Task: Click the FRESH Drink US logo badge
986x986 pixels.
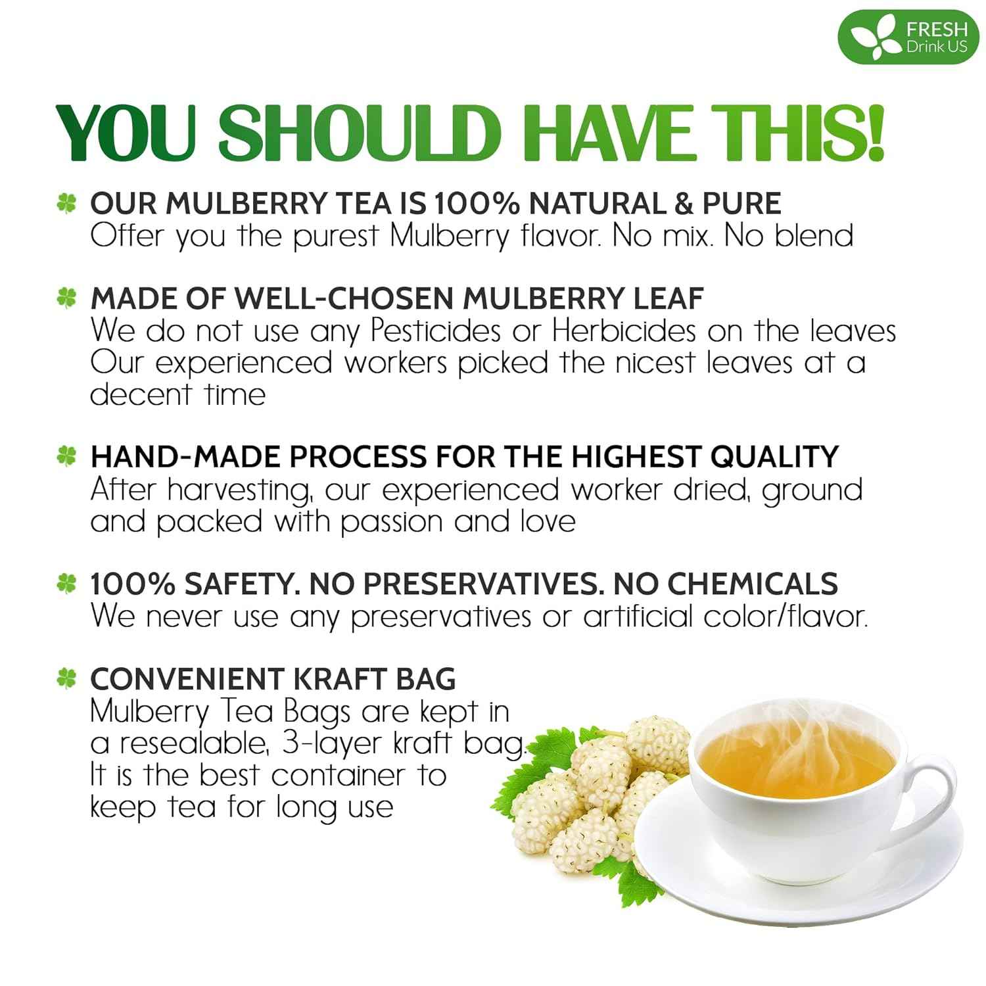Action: pyautogui.click(x=908, y=37)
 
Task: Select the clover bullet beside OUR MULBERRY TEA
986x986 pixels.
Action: pyautogui.click(x=66, y=204)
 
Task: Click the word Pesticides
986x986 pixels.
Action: pyautogui.click(x=435, y=331)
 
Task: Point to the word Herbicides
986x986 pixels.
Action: pyautogui.click(x=623, y=331)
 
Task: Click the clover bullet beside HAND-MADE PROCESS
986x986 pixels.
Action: pyautogui.click(x=66, y=456)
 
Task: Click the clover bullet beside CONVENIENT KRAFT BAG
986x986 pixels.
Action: pyautogui.click(x=66, y=678)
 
